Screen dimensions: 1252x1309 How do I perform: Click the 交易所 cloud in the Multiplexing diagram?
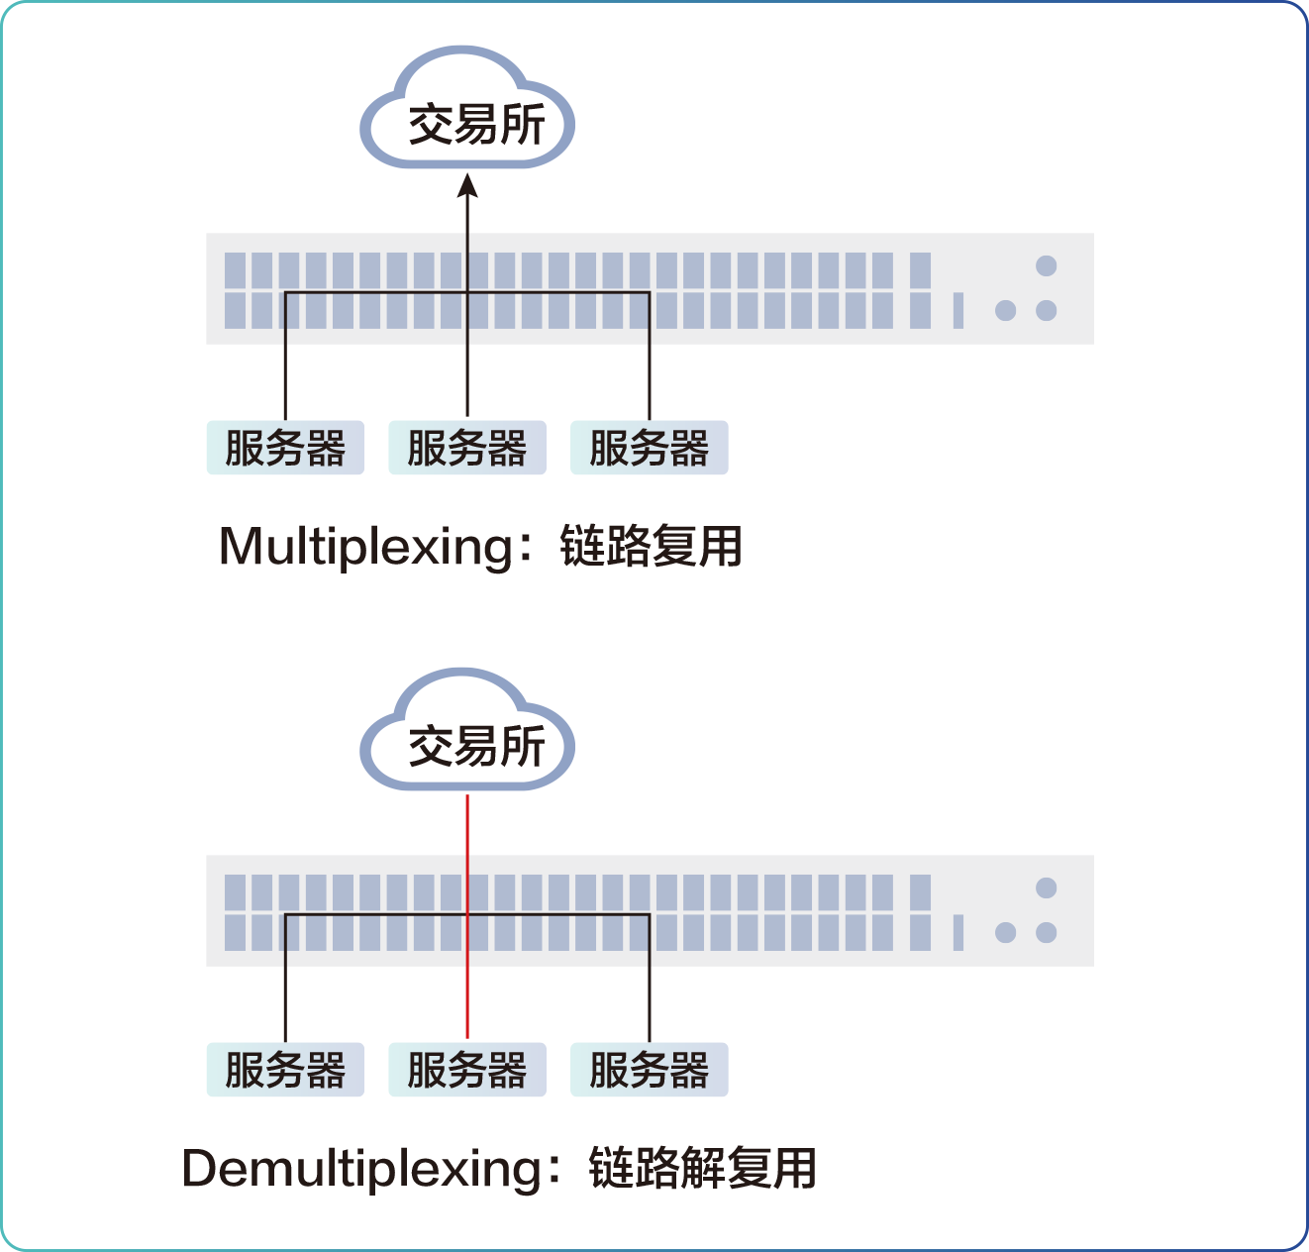tap(467, 117)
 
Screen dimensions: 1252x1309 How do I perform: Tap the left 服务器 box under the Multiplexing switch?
tap(285, 448)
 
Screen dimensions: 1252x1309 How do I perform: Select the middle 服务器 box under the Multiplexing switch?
tap(467, 448)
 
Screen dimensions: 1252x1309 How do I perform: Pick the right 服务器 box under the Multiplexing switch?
tap(650, 448)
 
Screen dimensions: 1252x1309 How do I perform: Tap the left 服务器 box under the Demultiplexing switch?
tap(285, 1070)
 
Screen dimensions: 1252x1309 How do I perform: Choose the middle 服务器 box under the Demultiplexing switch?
tap(467, 1070)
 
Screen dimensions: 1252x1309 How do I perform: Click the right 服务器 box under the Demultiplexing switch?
tap(650, 1070)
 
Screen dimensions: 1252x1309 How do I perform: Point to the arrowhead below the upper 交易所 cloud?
tap(467, 186)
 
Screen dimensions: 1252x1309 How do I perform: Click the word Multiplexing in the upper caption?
tap(366, 547)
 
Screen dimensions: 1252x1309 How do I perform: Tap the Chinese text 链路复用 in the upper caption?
tap(651, 547)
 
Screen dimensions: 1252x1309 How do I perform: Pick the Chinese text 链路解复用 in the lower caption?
tap(702, 1169)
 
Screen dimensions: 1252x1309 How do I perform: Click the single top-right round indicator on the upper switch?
tap(1047, 265)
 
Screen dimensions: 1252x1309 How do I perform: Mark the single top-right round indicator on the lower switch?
tap(1047, 887)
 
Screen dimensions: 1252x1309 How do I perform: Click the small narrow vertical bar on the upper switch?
tap(958, 310)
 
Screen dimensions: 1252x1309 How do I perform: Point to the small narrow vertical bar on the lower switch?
tap(958, 932)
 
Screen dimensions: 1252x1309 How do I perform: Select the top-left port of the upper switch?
tap(235, 270)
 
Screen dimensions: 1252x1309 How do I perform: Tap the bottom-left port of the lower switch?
tap(235, 932)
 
